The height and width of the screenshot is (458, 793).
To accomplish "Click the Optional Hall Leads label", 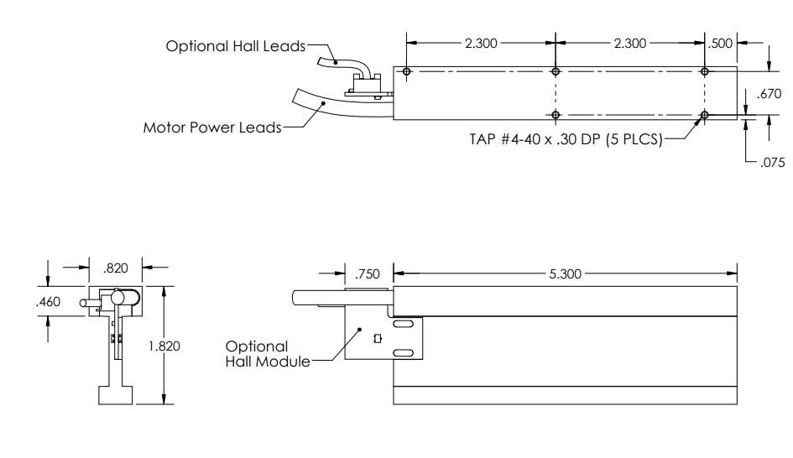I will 235,46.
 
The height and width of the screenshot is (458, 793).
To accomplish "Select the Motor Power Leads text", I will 211,128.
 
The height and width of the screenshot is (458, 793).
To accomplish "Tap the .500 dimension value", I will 721,44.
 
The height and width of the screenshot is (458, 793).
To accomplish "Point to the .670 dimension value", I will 769,94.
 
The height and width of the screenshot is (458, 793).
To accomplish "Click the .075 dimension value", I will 771,163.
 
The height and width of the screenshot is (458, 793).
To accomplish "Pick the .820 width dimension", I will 115,268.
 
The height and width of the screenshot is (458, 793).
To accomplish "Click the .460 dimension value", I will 50,301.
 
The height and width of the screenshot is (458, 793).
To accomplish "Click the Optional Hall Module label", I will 257,353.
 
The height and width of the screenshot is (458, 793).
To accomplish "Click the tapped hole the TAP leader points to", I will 704,114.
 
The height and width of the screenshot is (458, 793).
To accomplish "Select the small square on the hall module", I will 377,338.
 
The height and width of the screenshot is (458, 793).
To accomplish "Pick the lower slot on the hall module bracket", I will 402,351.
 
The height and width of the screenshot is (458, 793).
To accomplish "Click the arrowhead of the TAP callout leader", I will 699,120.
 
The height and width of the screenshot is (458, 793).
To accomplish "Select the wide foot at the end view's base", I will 115,394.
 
